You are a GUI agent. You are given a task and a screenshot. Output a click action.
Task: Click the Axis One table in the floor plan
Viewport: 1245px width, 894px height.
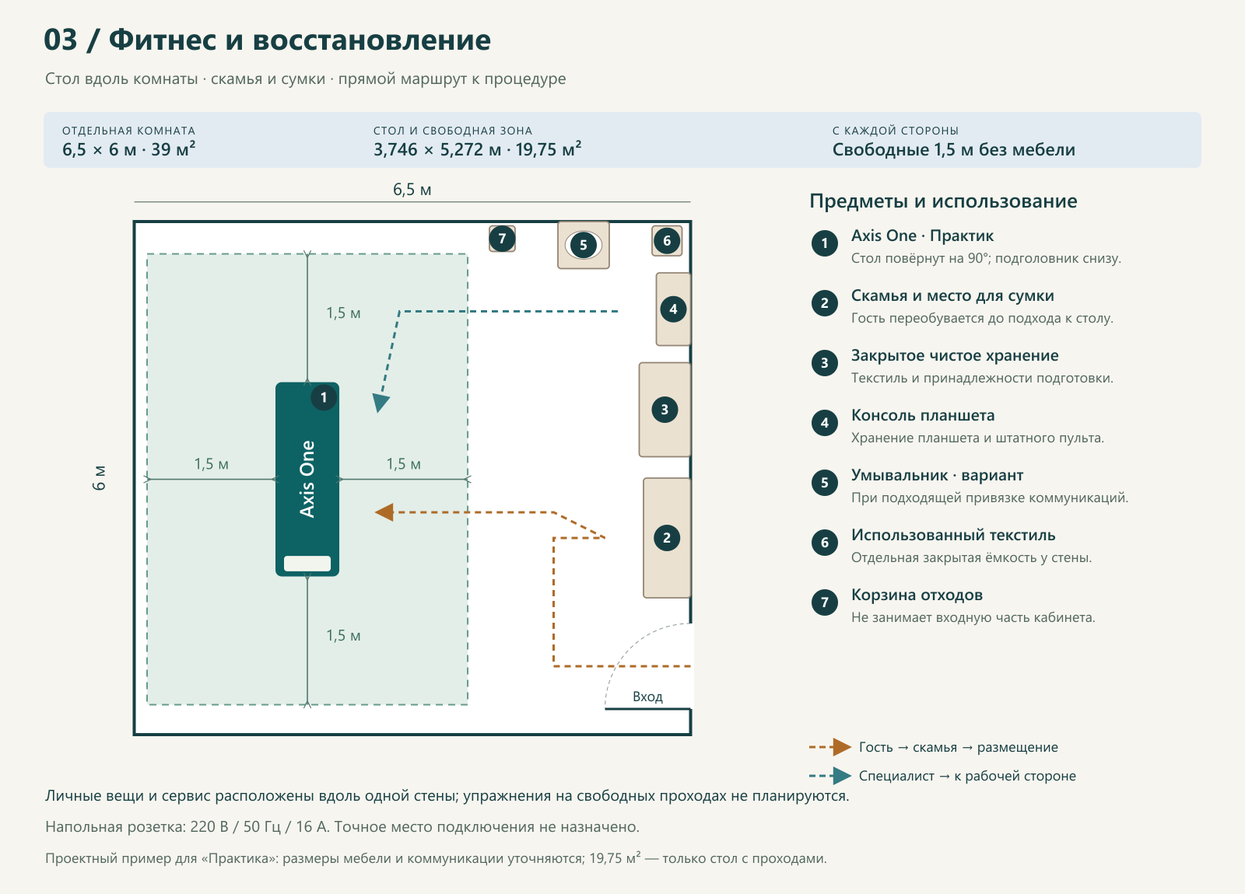(x=307, y=479)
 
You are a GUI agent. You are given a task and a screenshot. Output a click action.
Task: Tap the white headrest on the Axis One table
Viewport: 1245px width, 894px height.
(x=307, y=563)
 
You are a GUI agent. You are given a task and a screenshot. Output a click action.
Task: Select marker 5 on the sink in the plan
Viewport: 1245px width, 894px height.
(x=583, y=245)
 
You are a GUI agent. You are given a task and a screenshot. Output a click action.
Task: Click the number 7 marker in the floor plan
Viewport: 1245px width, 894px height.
(x=502, y=239)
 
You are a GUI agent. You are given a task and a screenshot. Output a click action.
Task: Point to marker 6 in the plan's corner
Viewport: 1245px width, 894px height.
(x=667, y=241)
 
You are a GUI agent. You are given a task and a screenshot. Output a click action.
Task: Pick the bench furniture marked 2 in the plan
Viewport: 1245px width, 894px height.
(x=667, y=537)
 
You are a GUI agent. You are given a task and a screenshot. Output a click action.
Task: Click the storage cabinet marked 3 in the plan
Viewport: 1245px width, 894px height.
(x=665, y=410)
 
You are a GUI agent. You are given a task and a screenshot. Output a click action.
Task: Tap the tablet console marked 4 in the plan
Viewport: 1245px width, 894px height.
(x=674, y=309)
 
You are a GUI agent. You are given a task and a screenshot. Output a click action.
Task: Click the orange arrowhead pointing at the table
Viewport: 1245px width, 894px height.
(x=384, y=512)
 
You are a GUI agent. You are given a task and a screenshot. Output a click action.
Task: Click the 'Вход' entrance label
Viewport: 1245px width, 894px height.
(x=647, y=697)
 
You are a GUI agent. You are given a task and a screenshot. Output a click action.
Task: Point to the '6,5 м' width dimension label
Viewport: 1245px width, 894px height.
(x=412, y=190)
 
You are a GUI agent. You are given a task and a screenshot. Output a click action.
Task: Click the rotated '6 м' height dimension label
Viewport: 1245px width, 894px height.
(x=98, y=478)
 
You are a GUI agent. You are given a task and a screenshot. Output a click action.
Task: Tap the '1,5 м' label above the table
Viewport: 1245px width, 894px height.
(x=343, y=313)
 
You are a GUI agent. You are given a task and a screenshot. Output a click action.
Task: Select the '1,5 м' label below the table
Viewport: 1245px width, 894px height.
(x=343, y=635)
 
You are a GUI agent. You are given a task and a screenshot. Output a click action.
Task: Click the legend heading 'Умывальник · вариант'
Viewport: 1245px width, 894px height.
(x=937, y=475)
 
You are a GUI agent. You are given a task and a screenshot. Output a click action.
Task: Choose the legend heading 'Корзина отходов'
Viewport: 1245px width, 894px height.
(x=917, y=595)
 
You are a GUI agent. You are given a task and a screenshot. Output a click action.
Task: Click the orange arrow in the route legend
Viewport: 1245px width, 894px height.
(x=830, y=747)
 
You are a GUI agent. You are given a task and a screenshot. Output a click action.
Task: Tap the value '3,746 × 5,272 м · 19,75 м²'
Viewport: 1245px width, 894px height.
(x=478, y=148)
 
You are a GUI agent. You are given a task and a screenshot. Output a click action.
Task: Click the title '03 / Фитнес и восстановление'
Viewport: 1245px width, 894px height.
(x=268, y=40)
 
